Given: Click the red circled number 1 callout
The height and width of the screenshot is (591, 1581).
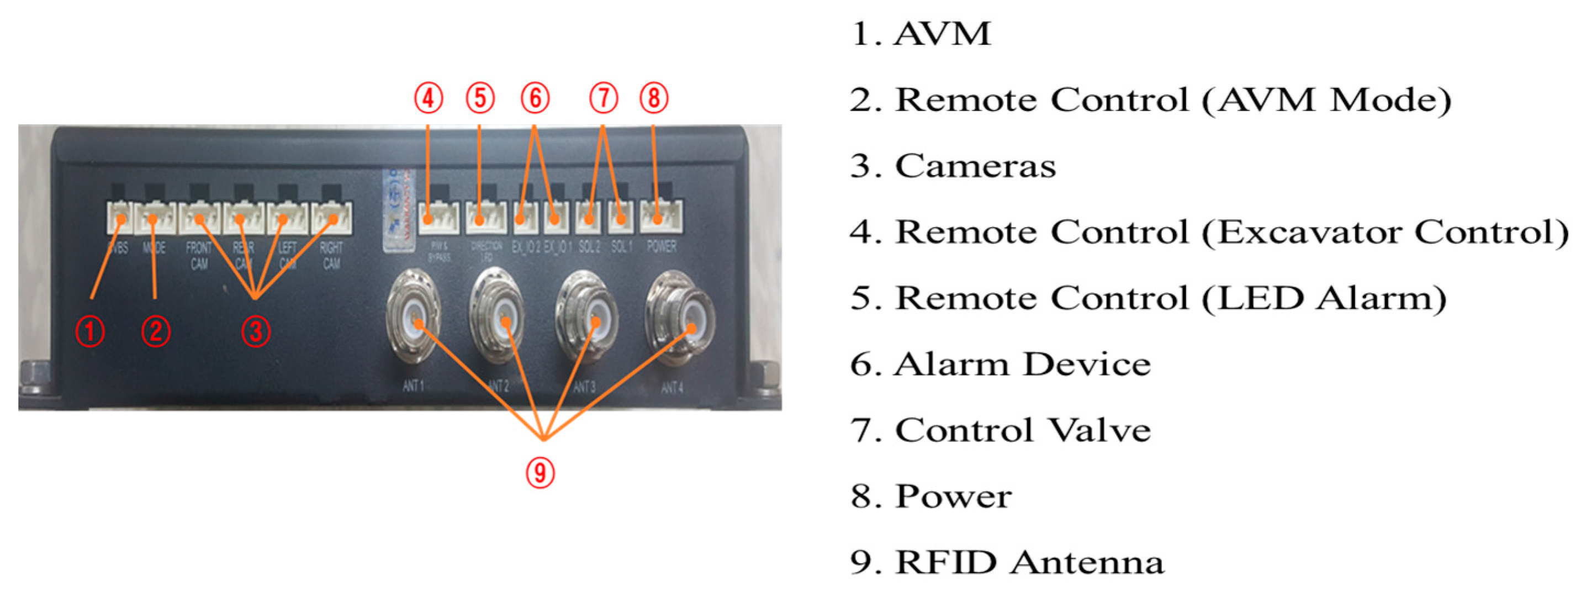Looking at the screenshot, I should click(x=89, y=332).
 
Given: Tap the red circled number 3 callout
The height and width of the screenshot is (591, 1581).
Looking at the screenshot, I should click(x=255, y=332).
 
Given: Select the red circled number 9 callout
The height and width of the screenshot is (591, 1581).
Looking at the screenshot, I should click(x=540, y=473).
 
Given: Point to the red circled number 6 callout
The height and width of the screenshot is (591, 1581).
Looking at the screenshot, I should click(x=535, y=98).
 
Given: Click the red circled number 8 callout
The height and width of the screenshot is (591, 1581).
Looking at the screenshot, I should click(x=654, y=98).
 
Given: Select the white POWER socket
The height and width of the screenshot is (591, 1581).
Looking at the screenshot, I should click(x=660, y=217).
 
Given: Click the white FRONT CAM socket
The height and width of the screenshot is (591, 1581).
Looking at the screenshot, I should click(x=199, y=218).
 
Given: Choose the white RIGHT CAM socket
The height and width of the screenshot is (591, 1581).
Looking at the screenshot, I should click(x=332, y=218).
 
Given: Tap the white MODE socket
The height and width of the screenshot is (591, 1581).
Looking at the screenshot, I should click(x=155, y=218).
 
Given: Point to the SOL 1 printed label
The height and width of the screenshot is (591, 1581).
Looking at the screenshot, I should click(x=621, y=247).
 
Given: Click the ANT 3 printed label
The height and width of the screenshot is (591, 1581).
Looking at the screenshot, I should click(x=584, y=387).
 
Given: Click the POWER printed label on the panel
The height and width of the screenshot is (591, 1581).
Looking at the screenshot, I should click(x=662, y=247).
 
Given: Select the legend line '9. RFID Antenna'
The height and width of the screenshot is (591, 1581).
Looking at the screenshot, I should click(x=1007, y=562).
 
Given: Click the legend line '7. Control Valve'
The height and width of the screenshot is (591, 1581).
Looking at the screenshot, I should click(x=1001, y=430).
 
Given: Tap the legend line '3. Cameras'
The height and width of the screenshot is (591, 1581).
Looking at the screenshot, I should click(x=953, y=166).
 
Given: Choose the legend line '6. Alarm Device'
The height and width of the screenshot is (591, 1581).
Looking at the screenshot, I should click(x=1001, y=364).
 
